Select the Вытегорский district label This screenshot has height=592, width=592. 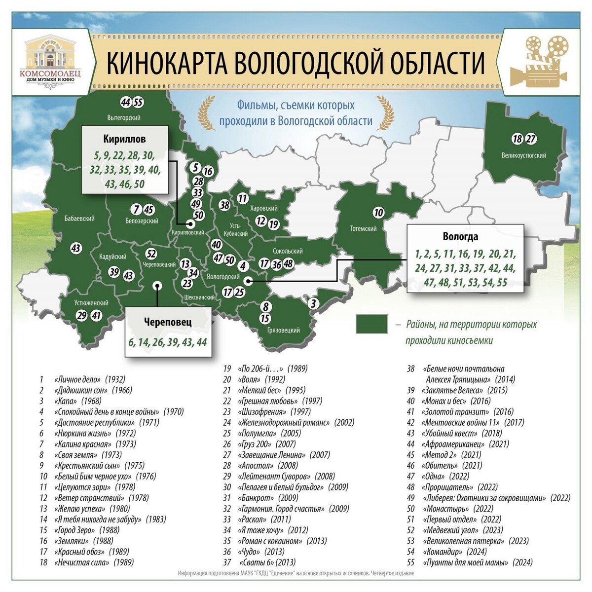coord(124,118)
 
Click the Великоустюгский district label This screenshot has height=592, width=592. coord(523,155)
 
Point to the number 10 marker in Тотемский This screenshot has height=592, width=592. coord(378,213)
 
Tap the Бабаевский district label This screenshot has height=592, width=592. coord(79,219)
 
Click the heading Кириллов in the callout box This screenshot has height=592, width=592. coord(124,139)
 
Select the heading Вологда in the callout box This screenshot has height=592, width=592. coord(460,237)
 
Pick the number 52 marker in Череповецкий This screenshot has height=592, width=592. coord(152,254)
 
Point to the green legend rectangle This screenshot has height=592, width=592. coord(371,325)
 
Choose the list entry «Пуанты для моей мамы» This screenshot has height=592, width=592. coord(466,562)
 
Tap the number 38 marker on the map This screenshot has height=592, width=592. coord(225,205)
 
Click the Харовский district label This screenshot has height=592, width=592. coord(264,209)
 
